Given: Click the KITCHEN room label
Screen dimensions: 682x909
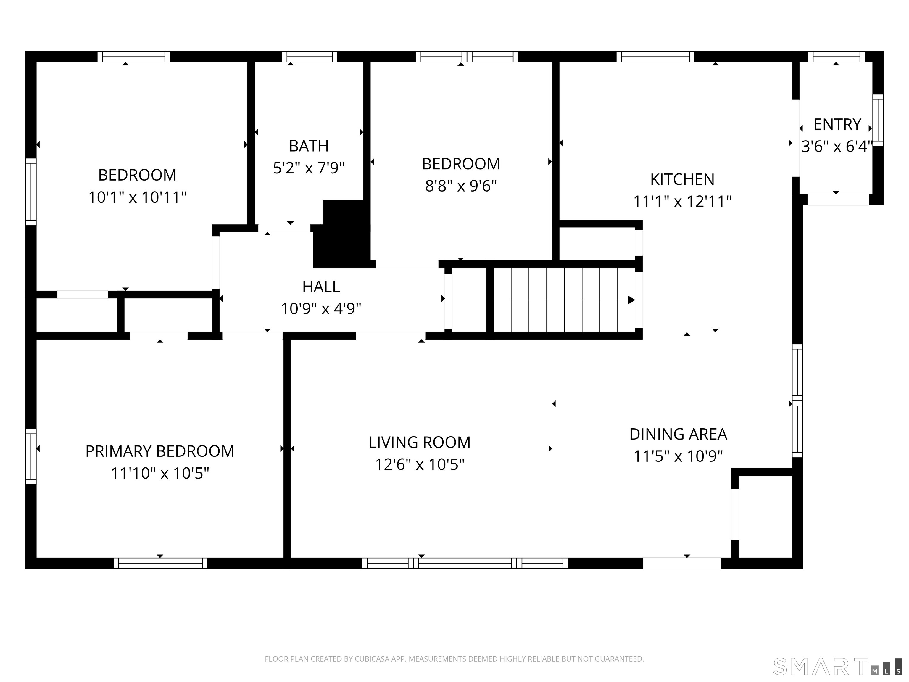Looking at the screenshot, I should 682,180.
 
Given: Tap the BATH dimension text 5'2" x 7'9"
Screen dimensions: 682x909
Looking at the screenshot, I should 309,168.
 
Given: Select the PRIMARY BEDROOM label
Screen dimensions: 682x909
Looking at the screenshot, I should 159,451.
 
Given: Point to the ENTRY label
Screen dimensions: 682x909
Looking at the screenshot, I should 837,124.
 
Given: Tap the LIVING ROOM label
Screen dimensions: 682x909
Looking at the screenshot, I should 419,442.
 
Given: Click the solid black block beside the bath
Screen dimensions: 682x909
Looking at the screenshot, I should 343,234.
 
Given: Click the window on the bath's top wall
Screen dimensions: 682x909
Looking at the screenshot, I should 310,57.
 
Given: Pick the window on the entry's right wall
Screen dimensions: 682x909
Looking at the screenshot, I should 877,120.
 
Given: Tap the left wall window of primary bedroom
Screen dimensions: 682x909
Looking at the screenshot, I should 31,456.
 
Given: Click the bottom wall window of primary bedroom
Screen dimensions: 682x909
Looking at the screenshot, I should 160,563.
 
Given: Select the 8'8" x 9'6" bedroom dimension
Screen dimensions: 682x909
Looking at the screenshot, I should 461,186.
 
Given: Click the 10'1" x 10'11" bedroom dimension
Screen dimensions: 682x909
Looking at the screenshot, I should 137,197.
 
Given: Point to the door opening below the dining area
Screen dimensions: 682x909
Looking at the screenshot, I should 681,563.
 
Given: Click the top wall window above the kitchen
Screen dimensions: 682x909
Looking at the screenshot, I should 655,57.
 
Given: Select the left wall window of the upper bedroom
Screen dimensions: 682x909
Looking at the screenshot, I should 31,192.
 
